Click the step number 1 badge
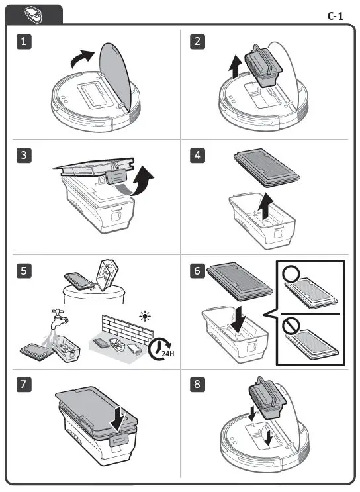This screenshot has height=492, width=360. pos(24,42)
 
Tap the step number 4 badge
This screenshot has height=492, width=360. pos(197,156)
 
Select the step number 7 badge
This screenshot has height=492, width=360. pos(24,384)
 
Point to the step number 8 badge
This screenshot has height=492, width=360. pos(197,384)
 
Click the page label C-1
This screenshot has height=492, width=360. pos(336,16)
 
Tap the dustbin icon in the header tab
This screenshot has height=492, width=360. pos(32,15)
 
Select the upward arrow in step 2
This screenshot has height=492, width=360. pos(234,66)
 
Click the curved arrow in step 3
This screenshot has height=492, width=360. pos(141,181)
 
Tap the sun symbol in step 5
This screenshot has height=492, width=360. pos(145,316)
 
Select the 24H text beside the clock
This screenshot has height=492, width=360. pos(168,354)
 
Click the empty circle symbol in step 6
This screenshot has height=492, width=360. pos(291,274)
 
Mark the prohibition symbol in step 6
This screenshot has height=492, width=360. pos(290,326)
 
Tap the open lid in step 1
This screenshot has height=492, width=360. pos(116,76)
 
